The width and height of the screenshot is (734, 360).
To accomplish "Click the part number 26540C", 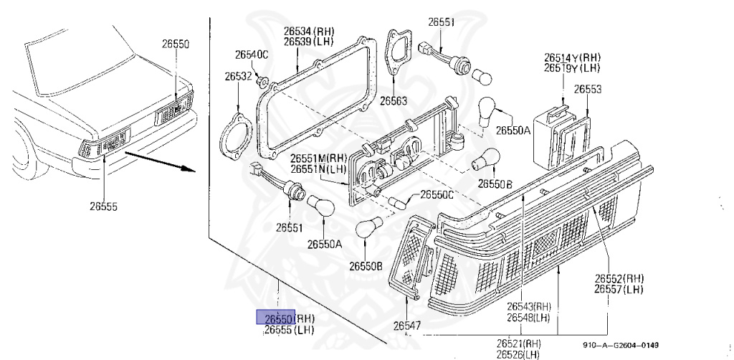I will click(x=251, y=55).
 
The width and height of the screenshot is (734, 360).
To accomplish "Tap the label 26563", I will click(x=394, y=100).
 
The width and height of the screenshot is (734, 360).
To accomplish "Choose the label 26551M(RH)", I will click(x=319, y=158).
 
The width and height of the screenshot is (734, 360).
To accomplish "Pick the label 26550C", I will click(x=437, y=194).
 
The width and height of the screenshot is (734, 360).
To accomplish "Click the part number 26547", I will click(x=407, y=326).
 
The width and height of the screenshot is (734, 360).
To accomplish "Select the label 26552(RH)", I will click(x=619, y=279).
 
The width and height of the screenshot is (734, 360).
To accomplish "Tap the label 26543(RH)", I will click(x=528, y=306).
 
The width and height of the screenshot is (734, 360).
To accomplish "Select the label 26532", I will click(x=237, y=76).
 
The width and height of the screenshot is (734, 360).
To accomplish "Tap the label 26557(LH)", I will click(x=618, y=290).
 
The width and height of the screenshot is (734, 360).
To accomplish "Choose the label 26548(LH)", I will click(x=528, y=317).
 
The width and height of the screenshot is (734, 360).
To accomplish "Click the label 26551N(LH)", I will click(x=318, y=169).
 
